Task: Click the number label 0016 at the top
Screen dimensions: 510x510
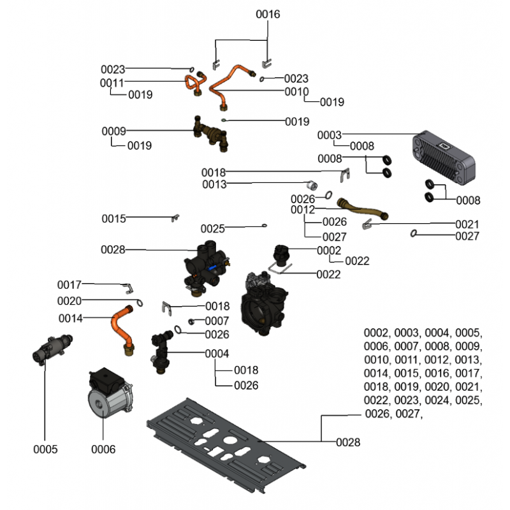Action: (268, 14)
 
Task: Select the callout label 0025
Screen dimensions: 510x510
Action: (213, 228)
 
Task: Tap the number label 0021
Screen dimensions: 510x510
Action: (467, 224)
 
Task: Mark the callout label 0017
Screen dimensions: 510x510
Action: (69, 284)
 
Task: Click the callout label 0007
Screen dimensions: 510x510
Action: (217, 321)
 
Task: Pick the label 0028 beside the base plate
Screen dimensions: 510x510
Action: (348, 442)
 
